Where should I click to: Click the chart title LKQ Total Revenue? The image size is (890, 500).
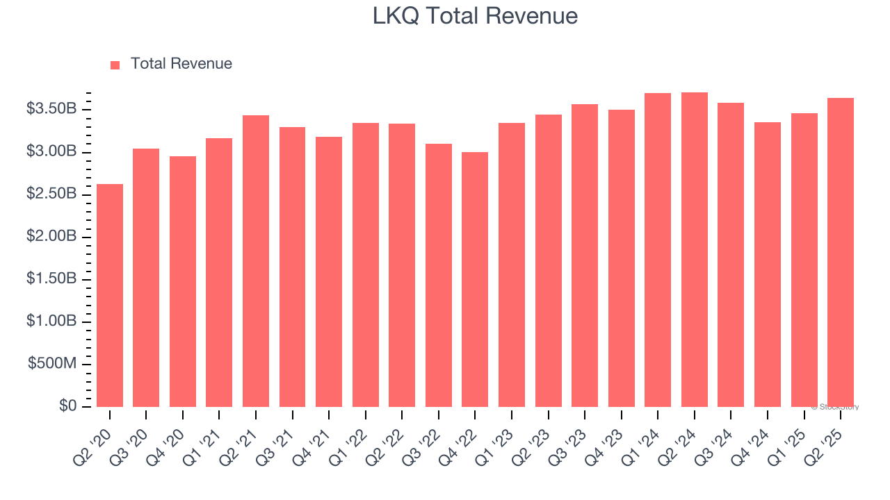coord(475,16)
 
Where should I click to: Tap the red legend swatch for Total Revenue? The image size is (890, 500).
coord(115,65)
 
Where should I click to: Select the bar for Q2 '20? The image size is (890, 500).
coord(110,295)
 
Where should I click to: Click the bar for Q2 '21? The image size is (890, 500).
coord(256,261)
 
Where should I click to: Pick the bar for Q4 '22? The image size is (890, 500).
coord(475,279)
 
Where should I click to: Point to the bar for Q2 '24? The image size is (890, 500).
coord(694,249)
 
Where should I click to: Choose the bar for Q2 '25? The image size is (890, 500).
coord(840,252)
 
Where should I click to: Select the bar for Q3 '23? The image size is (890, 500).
coord(585,256)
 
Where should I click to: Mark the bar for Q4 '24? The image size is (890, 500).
coord(767,265)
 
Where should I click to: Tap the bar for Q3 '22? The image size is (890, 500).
coord(438,275)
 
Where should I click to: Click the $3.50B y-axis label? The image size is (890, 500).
coord(51,109)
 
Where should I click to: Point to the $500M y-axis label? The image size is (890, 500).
coord(52,365)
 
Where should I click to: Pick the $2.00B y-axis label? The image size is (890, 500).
coord(51,237)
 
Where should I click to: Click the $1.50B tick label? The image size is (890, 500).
coord(51,279)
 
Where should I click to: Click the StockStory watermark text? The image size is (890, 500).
coord(835,407)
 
